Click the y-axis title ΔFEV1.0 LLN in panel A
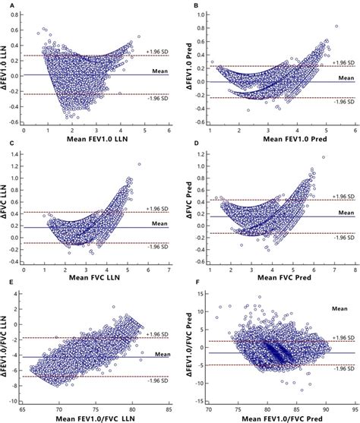7,72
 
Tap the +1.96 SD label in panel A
157,52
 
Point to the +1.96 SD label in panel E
157,332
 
